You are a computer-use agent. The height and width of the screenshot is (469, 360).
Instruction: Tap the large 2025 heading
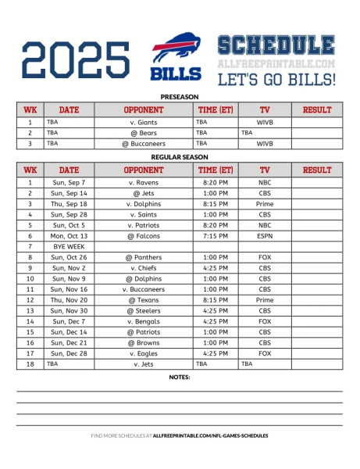click(x=77, y=60)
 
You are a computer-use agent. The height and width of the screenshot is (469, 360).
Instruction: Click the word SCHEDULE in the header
click(x=276, y=45)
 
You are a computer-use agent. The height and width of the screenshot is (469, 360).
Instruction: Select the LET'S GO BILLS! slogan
click(x=276, y=79)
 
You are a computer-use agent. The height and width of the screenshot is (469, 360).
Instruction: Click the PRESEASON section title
click(x=179, y=96)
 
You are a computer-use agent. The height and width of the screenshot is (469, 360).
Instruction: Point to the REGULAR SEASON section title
click(x=179, y=156)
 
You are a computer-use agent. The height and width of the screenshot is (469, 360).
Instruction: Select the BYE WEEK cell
click(x=69, y=246)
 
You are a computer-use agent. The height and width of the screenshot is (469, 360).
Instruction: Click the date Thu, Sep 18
click(x=69, y=203)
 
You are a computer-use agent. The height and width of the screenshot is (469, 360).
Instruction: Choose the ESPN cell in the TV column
click(x=265, y=235)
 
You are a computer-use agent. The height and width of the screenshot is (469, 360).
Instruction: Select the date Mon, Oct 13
click(x=69, y=235)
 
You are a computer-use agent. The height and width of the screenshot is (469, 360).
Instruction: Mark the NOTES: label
click(x=180, y=377)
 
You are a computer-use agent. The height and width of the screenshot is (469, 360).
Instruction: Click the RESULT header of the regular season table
click(x=316, y=170)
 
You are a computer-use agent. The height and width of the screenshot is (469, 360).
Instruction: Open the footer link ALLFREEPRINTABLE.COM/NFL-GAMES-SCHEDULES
click(x=211, y=435)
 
